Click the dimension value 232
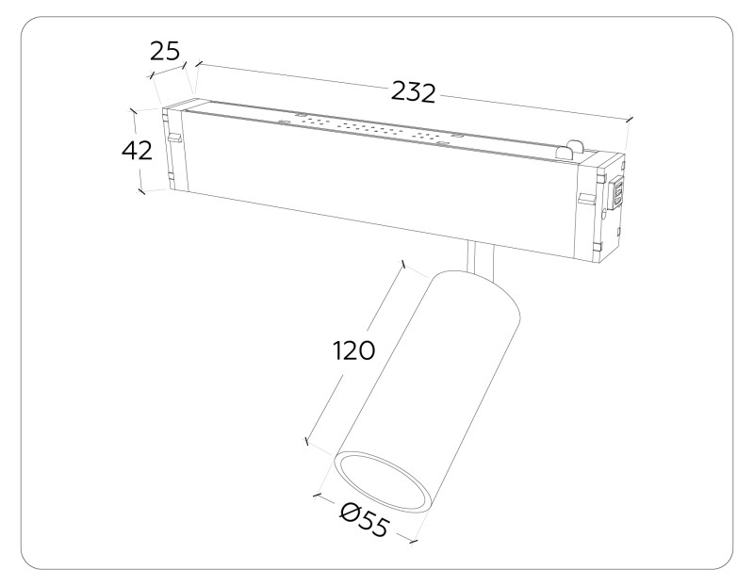click(x=413, y=92)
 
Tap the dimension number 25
click(x=165, y=51)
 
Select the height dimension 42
click(x=137, y=150)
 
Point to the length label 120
click(x=354, y=350)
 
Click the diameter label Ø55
click(x=364, y=520)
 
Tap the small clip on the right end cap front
click(x=585, y=199)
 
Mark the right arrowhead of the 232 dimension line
click(x=629, y=120)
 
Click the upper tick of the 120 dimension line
click(x=403, y=267)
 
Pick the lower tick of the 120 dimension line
click(x=307, y=440)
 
